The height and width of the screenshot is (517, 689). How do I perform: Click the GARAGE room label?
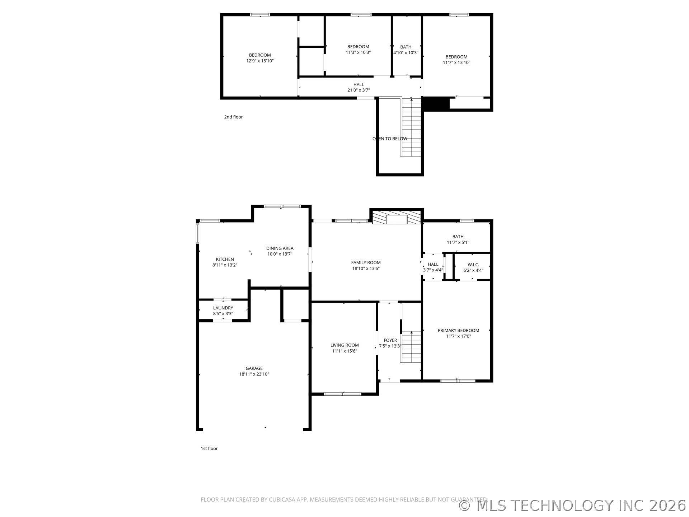point(254,368)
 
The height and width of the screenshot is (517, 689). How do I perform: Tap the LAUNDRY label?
point(223,308)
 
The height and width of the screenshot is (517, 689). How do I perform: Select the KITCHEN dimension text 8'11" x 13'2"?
point(225,265)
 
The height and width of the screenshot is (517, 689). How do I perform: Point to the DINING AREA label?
point(280,248)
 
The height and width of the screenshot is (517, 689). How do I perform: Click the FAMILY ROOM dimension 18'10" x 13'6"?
point(366,269)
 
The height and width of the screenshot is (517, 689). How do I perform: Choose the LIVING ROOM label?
point(344,345)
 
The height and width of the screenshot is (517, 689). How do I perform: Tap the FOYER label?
point(390,340)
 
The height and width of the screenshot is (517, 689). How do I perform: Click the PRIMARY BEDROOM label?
point(458,331)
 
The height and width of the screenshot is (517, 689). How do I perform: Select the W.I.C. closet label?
point(473,265)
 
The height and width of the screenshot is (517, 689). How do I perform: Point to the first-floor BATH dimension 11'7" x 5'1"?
point(458,242)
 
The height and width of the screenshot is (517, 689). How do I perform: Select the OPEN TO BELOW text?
point(390,139)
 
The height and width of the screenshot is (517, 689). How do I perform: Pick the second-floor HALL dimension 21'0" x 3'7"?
point(358,90)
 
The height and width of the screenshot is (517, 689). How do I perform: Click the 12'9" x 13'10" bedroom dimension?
point(260,61)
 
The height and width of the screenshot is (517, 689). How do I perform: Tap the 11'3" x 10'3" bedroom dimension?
point(358,52)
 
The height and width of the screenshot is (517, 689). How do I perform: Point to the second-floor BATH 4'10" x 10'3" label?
point(406,50)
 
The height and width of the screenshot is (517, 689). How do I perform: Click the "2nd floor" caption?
point(233,117)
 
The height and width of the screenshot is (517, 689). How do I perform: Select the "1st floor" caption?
point(209,448)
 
